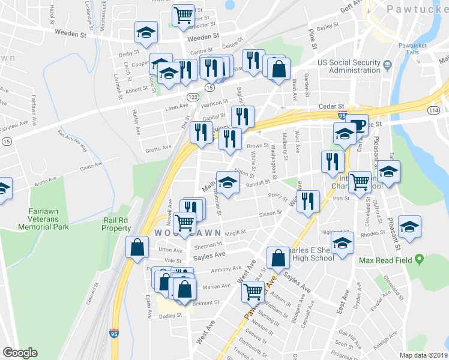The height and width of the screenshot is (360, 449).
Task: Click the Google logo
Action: (20, 353)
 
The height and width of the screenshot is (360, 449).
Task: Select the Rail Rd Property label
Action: (116, 224)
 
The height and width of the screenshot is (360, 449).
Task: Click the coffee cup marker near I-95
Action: (358, 125)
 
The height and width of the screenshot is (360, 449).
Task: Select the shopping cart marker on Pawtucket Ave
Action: (253, 292)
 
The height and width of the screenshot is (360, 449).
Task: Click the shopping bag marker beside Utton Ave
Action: (137, 246)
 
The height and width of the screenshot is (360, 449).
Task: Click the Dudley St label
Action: (170, 314)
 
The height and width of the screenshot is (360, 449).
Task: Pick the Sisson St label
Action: (270, 213)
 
